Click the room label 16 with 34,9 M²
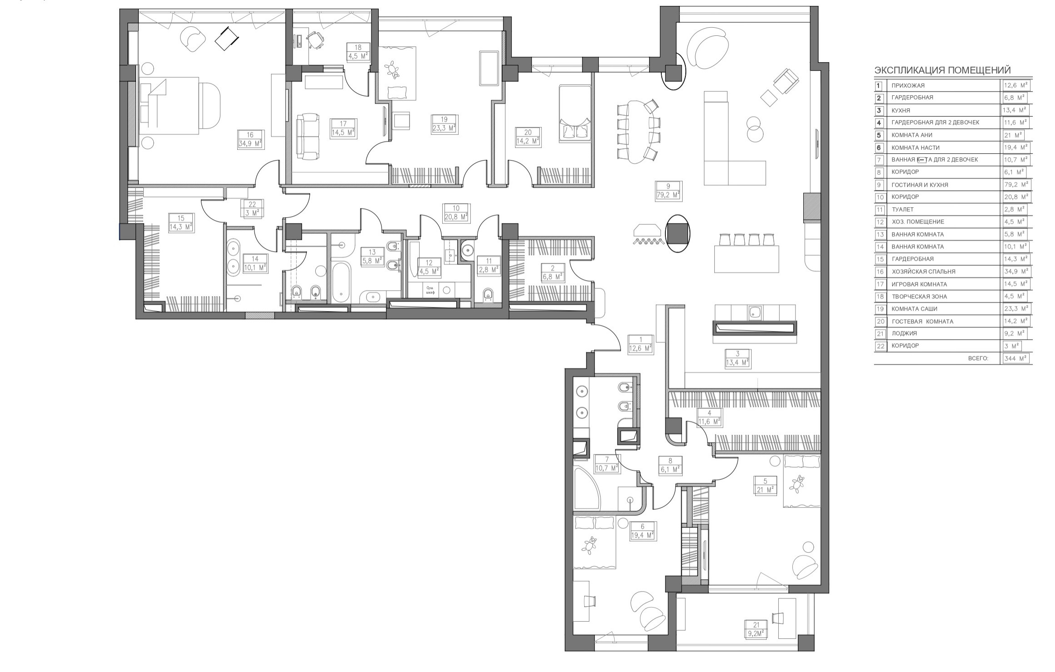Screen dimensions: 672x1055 tap(250, 140)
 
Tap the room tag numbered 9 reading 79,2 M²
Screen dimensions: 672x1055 tap(668, 190)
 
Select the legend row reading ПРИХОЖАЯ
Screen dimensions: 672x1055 tap(908, 86)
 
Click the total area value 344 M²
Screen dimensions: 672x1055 tap(1016, 359)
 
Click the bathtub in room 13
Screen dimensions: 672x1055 tap(341, 283)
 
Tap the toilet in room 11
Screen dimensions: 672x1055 tap(488, 295)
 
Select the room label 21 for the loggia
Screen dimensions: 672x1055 tap(756, 630)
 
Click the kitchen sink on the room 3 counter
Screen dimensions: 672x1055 tap(755, 312)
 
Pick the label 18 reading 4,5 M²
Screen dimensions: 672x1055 tap(358, 52)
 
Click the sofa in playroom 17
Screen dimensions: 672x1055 tap(307, 136)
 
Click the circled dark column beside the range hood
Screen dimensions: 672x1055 tap(677, 233)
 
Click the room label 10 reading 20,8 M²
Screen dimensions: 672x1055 tap(456, 213)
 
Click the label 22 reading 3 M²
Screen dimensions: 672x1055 tap(252, 209)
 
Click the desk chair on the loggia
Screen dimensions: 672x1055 tap(777, 618)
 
